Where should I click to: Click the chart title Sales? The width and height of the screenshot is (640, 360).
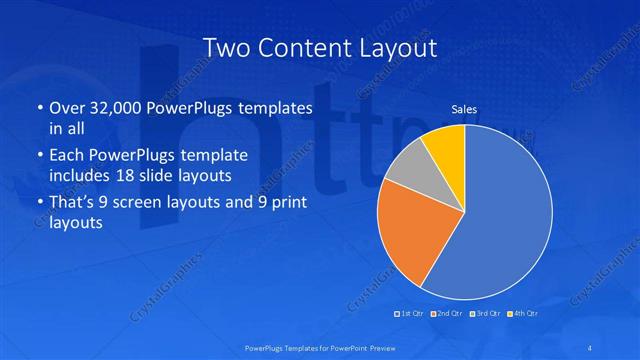click(464, 110)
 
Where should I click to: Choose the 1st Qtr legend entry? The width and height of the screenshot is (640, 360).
click(412, 313)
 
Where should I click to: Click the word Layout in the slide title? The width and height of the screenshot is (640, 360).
click(400, 48)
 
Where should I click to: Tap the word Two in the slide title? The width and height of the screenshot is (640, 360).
click(225, 48)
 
